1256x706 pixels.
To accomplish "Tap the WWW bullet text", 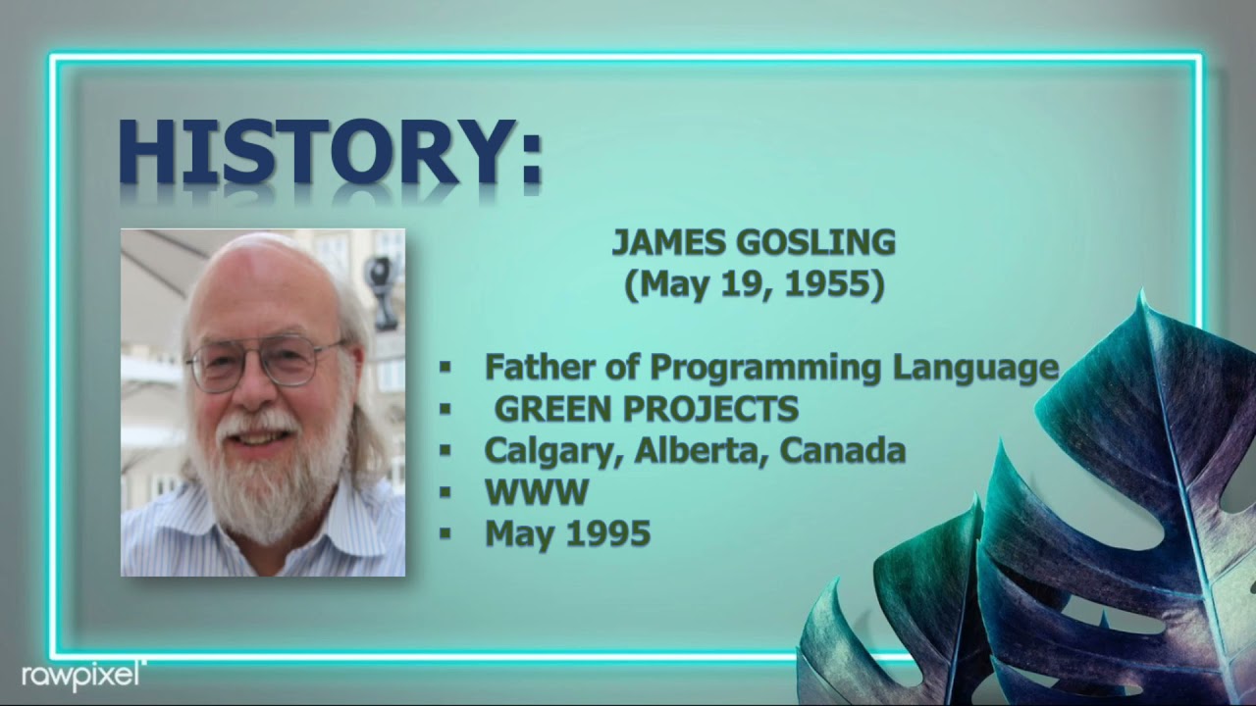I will (536, 491).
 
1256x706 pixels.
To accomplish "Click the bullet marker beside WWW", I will (445, 492).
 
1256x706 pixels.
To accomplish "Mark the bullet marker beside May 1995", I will (445, 534).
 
